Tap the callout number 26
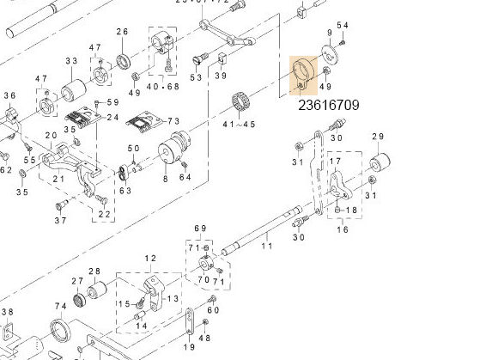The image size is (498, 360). pos(122,33)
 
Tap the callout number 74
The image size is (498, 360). pos(60,307)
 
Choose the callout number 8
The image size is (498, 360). pos(165,179)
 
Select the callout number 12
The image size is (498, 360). pos(150,259)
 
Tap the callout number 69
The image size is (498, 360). pos(201,228)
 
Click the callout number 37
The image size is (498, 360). pos(60,221)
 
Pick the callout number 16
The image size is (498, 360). pos(342,229)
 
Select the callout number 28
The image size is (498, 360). pos(94,272)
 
